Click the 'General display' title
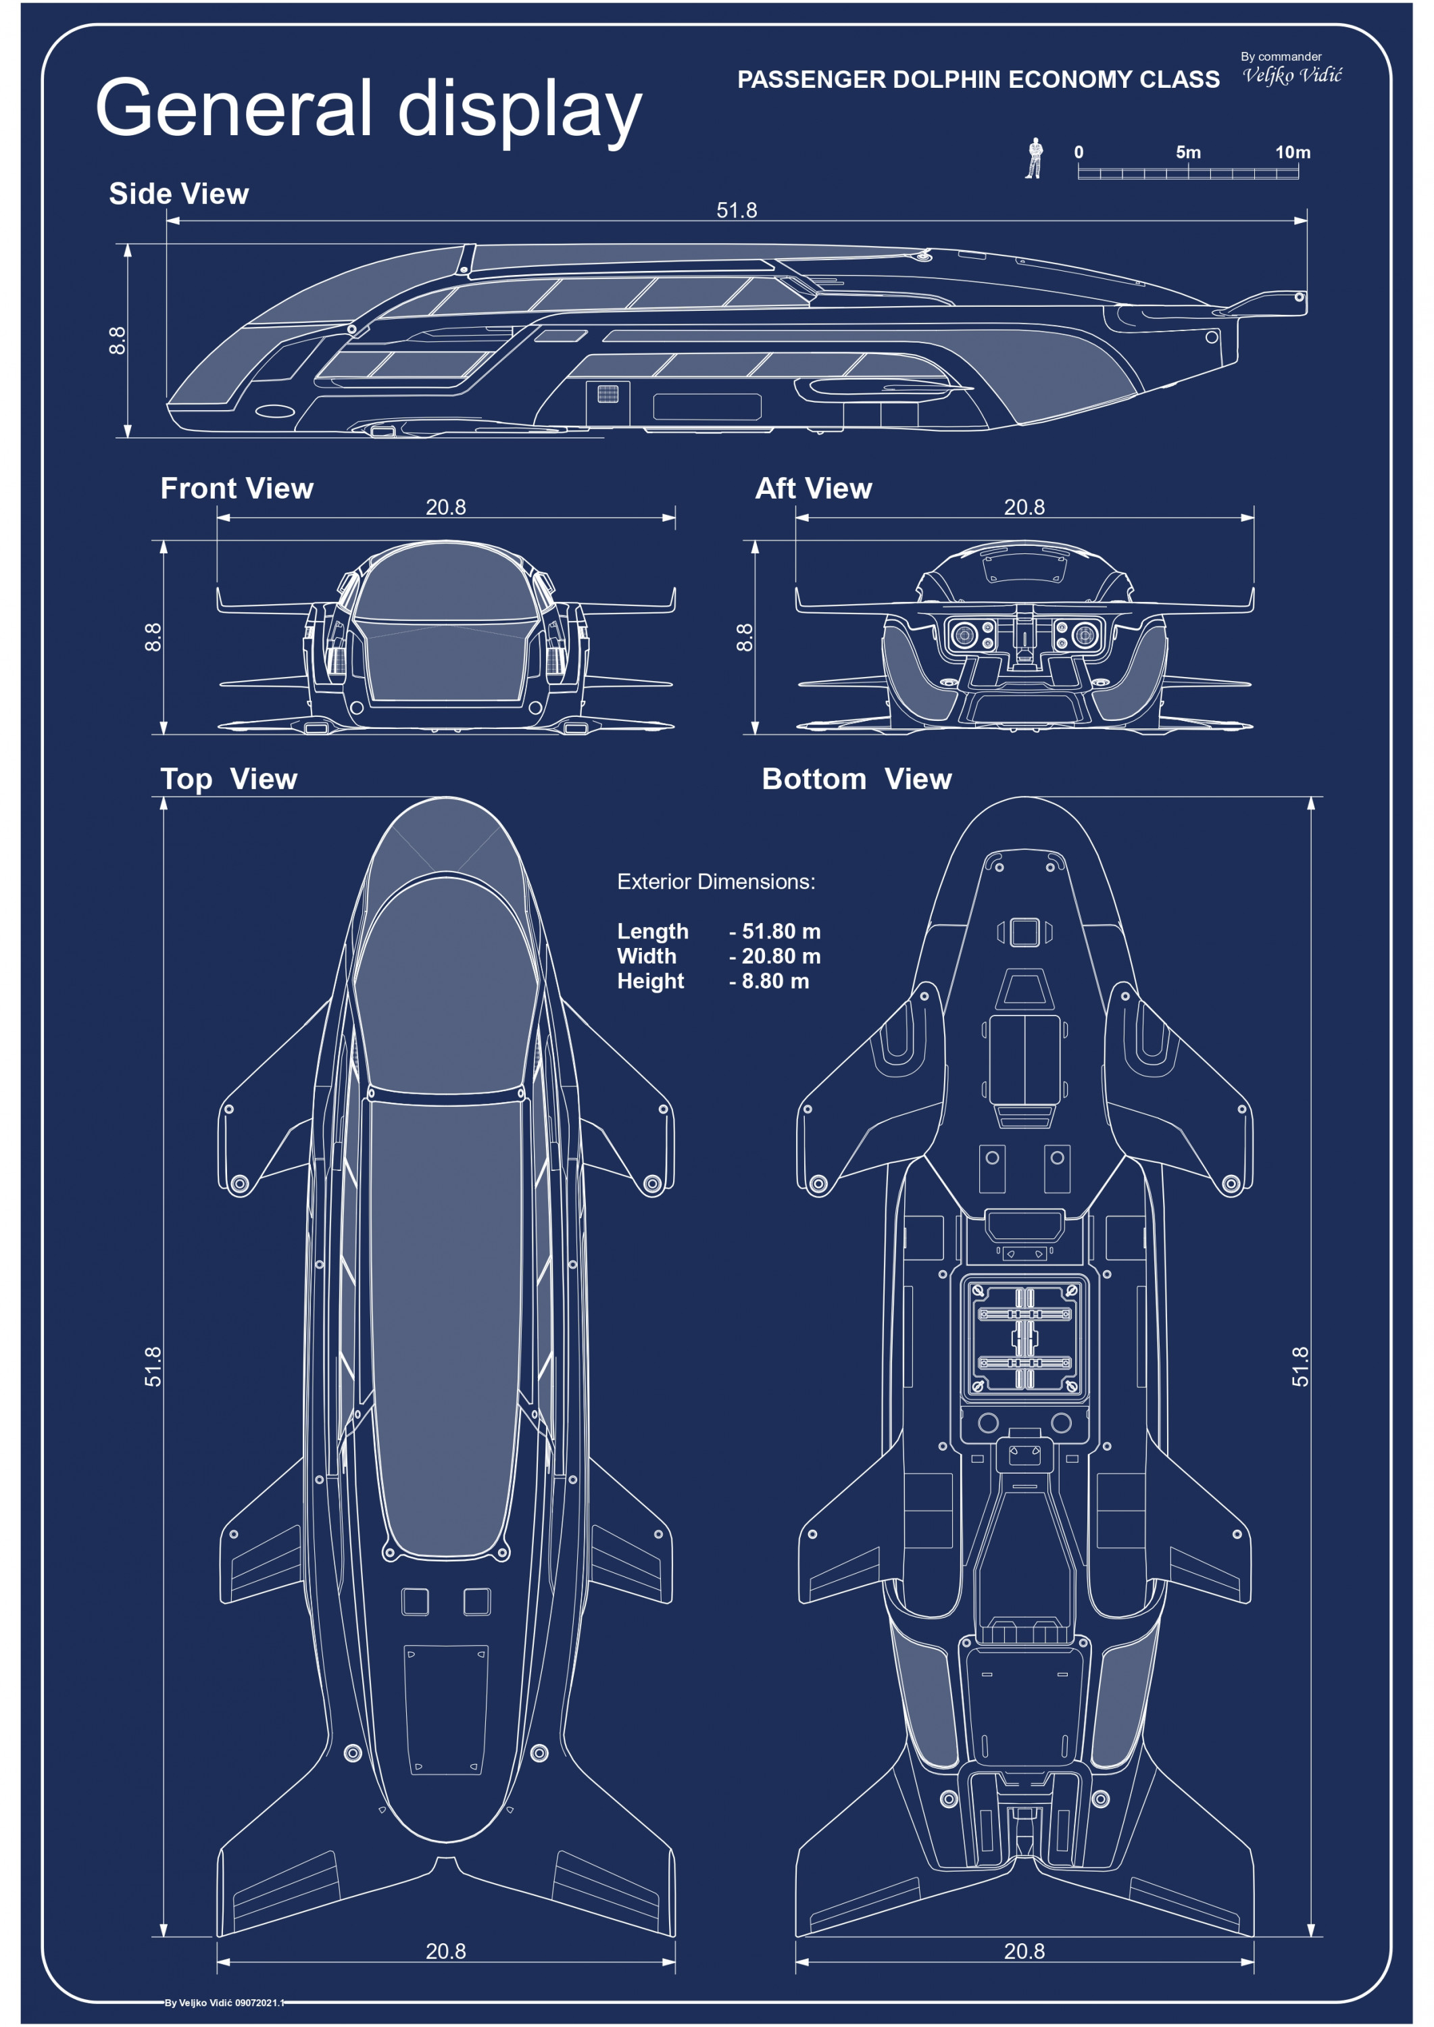click(x=368, y=109)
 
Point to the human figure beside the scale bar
click(x=1034, y=159)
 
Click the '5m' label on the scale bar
click(x=1187, y=152)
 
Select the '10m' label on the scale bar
click(x=1292, y=152)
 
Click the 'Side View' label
click(x=178, y=193)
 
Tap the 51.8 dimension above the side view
click(x=737, y=210)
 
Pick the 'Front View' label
click(x=237, y=489)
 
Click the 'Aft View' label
click(x=813, y=489)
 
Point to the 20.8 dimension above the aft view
click(x=1024, y=507)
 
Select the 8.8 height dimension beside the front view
click(x=153, y=636)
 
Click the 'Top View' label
click(x=228, y=778)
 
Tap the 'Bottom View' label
click(x=856, y=778)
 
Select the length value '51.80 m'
click(x=781, y=930)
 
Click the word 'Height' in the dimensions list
click(x=651, y=981)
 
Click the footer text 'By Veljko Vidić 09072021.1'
click(x=224, y=2002)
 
